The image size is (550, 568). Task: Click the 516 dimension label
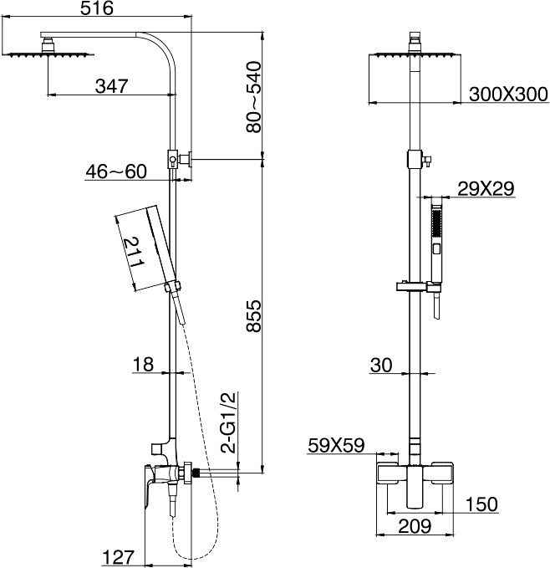tap(97, 8)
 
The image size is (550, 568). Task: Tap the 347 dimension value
tap(112, 86)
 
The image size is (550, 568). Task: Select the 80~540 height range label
tap(253, 97)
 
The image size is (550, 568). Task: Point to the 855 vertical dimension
tap(253, 315)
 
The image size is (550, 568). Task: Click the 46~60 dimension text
tap(116, 171)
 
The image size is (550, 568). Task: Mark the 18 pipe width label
tap(143, 365)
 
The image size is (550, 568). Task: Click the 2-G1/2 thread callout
tap(229, 422)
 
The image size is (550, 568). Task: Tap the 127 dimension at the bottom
tap(119, 557)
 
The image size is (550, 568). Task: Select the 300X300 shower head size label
tap(508, 95)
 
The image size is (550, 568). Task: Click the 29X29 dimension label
tap(486, 189)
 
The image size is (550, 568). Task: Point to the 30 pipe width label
tap(381, 366)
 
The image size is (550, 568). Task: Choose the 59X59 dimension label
tap(336, 446)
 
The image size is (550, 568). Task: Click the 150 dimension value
tap(481, 504)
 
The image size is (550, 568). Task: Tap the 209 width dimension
tap(415, 526)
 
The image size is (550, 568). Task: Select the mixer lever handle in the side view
tap(149, 486)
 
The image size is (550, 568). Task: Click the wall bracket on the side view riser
tap(179, 159)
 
